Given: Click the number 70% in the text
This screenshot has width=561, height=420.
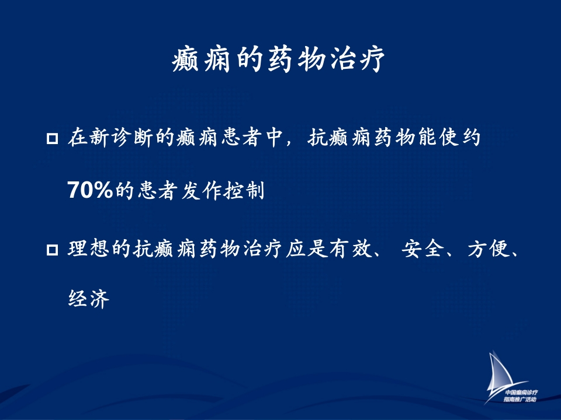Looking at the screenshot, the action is pos(90,190).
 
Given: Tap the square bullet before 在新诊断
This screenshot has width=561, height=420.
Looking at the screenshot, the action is pos(52,138).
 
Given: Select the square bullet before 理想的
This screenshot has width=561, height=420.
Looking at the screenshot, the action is pos(52,250).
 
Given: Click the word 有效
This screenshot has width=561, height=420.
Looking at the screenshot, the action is pos(351,249).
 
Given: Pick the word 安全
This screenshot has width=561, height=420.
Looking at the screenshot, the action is pos(423,249).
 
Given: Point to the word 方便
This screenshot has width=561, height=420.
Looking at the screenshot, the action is pos(489,249).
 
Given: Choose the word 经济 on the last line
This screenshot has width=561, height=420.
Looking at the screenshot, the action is pos(89,299).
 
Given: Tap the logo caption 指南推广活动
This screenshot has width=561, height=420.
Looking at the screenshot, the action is pos(520,399).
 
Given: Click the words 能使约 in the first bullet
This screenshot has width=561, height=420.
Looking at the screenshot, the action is pos(449,137).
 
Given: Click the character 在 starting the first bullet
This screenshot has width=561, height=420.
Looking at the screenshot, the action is pos(78,137).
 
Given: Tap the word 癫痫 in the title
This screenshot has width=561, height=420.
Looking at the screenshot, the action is pos(201,59).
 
